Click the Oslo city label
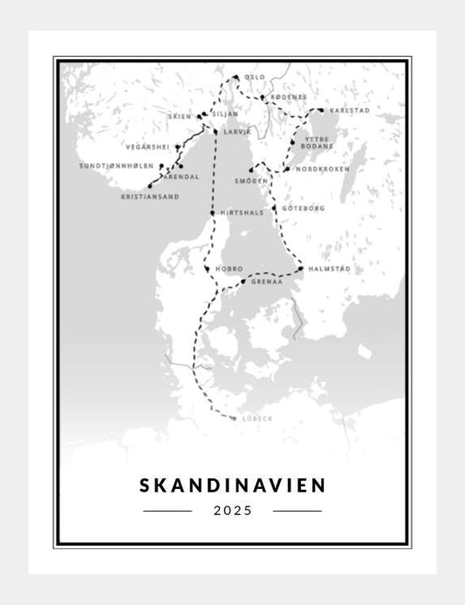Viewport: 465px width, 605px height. pyautogui.click(x=255, y=78)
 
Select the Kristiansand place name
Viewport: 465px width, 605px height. pyautogui.click(x=150, y=197)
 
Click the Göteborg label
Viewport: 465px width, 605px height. pyautogui.click(x=304, y=209)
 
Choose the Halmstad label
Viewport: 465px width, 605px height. pyautogui.click(x=329, y=269)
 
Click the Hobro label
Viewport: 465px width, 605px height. pyautogui.click(x=229, y=269)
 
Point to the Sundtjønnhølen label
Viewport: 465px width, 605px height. pyautogui.click(x=116, y=166)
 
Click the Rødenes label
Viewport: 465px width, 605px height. pyautogui.click(x=287, y=98)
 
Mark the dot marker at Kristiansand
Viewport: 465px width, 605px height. pyautogui.click(x=150, y=186)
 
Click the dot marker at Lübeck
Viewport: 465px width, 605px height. pyautogui.click(x=234, y=418)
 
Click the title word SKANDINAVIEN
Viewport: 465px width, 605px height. pyautogui.click(x=232, y=484)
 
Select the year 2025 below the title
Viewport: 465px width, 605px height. pyautogui.click(x=232, y=511)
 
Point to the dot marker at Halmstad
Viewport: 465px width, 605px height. pyautogui.click(x=299, y=269)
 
